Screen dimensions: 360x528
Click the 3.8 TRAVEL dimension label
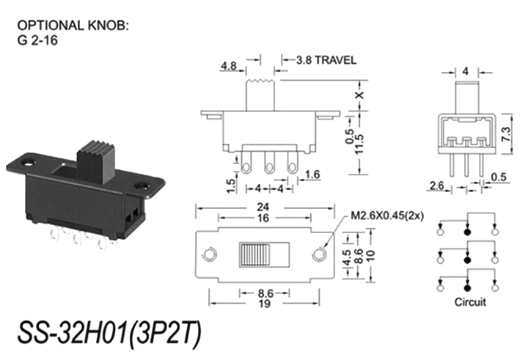(x=326, y=60)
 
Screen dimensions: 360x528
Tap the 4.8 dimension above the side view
(x=228, y=67)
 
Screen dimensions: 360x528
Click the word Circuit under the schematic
(x=469, y=301)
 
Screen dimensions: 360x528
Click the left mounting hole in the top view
(x=210, y=254)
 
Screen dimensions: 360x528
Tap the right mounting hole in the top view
(x=318, y=254)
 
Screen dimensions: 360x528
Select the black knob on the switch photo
(x=95, y=159)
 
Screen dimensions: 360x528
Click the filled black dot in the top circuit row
(x=467, y=232)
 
